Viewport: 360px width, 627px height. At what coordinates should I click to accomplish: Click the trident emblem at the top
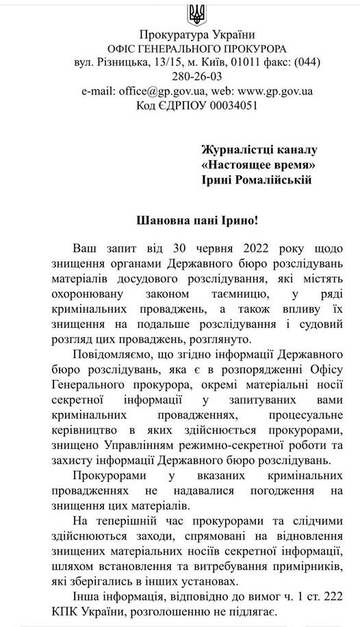coord(196,13)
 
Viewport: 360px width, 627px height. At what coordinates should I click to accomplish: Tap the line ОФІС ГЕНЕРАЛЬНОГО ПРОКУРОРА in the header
coord(196,49)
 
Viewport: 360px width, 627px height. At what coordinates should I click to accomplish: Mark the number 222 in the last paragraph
coord(329,596)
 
